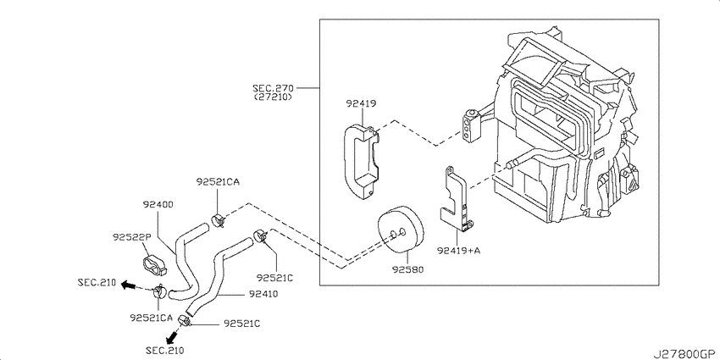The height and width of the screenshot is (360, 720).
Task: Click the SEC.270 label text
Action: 273,87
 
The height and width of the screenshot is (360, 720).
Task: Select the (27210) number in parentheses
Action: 273,97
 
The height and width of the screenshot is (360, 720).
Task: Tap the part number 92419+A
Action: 458,250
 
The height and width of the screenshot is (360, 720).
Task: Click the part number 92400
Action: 157,205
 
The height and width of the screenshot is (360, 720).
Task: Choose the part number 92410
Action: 263,294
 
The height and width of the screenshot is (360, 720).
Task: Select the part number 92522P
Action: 131,238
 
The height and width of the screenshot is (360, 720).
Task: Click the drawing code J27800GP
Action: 683,351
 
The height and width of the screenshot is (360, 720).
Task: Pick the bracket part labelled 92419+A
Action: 457,200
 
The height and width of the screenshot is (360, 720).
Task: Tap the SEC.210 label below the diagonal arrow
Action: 163,349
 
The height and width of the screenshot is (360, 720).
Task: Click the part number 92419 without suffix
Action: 361,104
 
